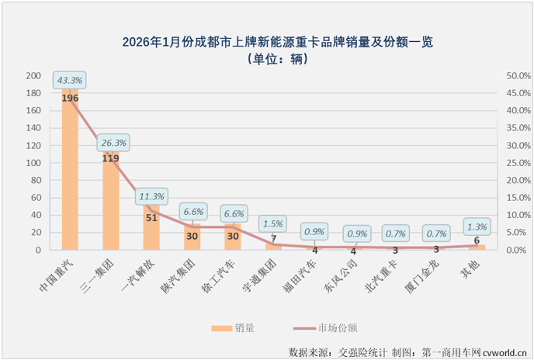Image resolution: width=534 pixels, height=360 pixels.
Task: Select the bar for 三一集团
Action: click(110, 202)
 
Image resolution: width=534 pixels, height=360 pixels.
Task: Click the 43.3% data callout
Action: click(69, 79)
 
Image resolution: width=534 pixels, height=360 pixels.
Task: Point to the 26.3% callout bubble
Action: click(113, 143)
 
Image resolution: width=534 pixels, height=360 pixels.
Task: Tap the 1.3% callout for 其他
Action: click(477, 227)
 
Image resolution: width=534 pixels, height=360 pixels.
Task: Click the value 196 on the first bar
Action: click(70, 99)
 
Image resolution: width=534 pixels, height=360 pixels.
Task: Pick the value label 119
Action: click(110, 158)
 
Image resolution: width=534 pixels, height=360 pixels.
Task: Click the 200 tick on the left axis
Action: click(33, 75)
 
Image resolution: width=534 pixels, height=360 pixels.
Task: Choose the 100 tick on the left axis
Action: click(33, 163)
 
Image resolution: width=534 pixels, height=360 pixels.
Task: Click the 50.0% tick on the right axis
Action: click(518, 75)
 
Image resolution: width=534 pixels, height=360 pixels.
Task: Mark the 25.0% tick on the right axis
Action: click(518, 163)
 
